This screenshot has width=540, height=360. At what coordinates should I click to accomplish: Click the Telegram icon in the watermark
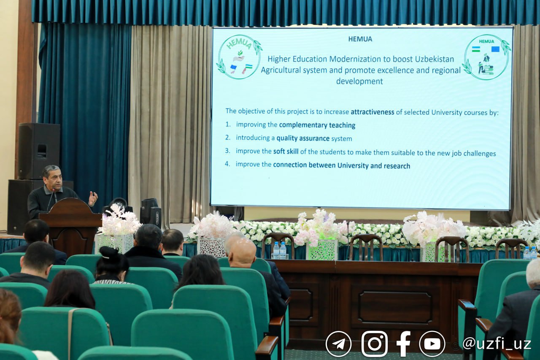point(338,344)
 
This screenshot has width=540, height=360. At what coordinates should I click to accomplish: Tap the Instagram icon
point(374,344)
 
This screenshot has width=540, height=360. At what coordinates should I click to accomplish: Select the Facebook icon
point(404,344)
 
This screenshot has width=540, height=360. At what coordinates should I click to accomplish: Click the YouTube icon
point(432,344)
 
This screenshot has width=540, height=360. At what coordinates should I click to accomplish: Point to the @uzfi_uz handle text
point(497,344)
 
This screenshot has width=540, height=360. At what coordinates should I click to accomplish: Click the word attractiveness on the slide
point(373,112)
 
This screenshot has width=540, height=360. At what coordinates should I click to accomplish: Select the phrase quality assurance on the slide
point(303,138)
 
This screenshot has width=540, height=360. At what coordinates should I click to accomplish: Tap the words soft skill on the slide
point(286,152)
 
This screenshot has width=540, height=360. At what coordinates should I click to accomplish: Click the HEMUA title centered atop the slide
point(360,39)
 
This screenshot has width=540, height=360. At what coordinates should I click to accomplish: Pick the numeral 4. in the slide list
point(227,164)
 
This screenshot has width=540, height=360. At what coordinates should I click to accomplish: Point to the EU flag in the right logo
point(495,49)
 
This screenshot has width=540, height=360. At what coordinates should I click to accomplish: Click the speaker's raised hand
point(93,198)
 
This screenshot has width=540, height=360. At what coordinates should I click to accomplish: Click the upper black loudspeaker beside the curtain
point(39,151)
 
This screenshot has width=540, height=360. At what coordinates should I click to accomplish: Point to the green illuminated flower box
point(322,250)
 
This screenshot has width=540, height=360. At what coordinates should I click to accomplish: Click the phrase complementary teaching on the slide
point(317,125)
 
